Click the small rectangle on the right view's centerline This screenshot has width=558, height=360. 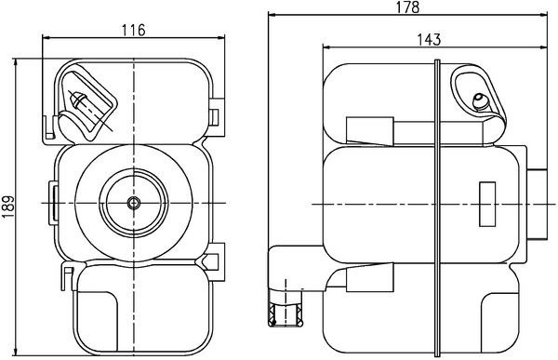(486, 201)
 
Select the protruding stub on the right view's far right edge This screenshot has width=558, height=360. (540, 201)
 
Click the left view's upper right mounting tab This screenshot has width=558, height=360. (217, 114)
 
